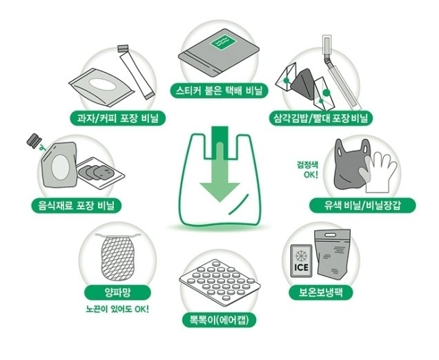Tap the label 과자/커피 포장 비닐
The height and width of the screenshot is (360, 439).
click(x=118, y=118)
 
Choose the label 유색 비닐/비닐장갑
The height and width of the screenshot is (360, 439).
click(x=362, y=205)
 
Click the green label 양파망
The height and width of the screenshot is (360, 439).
click(x=117, y=293)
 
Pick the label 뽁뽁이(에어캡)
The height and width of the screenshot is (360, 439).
click(x=219, y=320)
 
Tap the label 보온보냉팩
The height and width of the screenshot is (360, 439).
click(x=320, y=293)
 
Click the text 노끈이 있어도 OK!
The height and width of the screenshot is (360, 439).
click(x=117, y=310)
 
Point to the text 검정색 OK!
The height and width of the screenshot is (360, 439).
click(x=308, y=169)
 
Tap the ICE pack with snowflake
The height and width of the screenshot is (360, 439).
click(x=301, y=261)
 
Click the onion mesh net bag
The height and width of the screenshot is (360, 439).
click(x=117, y=256)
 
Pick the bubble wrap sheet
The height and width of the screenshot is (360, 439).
click(x=219, y=283)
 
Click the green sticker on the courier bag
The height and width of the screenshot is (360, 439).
click(x=224, y=43)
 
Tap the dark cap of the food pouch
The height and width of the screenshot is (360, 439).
click(x=34, y=140)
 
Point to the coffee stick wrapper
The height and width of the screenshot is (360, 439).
click(x=136, y=72)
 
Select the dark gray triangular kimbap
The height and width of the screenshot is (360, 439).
click(x=303, y=85)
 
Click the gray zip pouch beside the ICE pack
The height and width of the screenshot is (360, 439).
click(x=333, y=254)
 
